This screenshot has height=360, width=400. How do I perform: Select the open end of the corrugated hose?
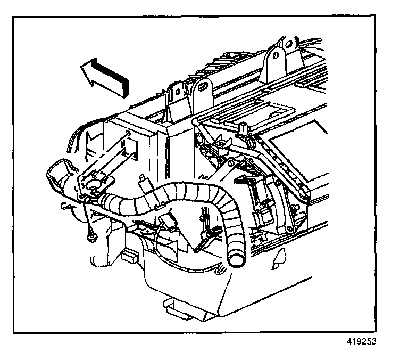(235, 260)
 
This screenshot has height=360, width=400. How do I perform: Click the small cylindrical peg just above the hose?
(143, 181)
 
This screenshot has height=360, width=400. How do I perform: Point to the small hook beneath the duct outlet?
(66, 205)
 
